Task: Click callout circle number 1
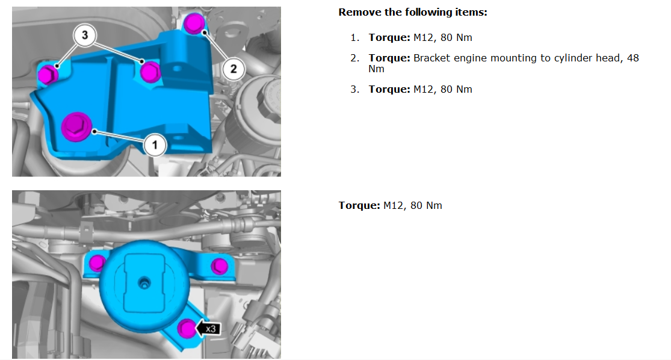155,145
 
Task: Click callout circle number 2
233,69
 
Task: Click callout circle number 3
85,35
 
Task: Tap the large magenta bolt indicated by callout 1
76,126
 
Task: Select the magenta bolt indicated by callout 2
194,23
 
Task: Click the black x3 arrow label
208,329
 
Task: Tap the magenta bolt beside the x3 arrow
186,328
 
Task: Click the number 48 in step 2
633,58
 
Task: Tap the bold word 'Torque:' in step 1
389,38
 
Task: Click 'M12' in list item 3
424,90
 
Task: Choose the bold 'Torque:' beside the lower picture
359,205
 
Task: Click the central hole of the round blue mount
144,282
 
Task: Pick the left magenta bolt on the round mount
97,262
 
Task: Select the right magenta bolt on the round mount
220,266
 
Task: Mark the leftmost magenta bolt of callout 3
48,75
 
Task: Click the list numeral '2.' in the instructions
354,58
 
